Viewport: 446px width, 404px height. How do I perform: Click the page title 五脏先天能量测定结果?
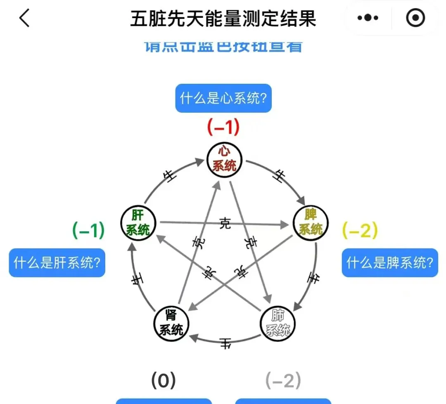[223, 19]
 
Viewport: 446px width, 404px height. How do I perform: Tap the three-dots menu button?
[368, 18]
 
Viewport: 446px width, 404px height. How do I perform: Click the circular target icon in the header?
[415, 18]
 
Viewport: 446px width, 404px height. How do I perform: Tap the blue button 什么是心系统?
[223, 99]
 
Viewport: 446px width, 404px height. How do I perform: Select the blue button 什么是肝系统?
[57, 263]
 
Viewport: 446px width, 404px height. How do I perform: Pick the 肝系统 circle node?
[138, 222]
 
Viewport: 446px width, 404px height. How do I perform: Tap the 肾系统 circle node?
[171, 323]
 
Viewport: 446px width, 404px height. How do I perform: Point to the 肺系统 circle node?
[278, 323]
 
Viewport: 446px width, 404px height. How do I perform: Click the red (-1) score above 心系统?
[223, 128]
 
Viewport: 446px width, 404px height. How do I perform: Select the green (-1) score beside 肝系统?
[88, 230]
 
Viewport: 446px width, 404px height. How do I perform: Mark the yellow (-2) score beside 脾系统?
[360, 231]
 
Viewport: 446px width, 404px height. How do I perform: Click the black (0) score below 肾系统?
[164, 381]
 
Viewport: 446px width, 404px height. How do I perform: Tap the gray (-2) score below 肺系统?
[283, 381]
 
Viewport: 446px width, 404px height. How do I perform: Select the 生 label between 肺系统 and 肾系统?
[225, 343]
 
